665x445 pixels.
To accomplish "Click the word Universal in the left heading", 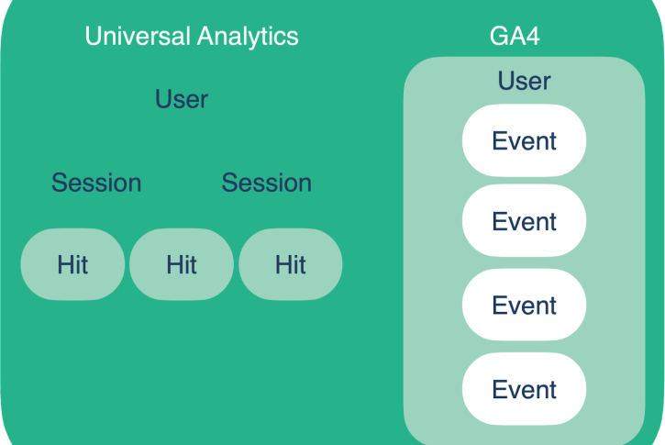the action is pyautogui.click(x=138, y=36).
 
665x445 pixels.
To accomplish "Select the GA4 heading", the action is pyautogui.click(x=515, y=36).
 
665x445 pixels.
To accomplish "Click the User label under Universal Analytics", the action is pyautogui.click(x=182, y=99).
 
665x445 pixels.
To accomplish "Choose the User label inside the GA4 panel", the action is pyautogui.click(x=524, y=81).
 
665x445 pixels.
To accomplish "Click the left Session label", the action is pyautogui.click(x=96, y=183).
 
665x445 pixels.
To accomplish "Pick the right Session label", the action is pyautogui.click(x=267, y=183).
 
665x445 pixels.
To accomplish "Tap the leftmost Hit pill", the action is pyautogui.click(x=72, y=264).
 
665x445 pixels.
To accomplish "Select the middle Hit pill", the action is pyautogui.click(x=182, y=264).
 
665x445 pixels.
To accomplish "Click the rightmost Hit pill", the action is pyautogui.click(x=291, y=264).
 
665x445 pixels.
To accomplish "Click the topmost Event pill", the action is pyautogui.click(x=524, y=140).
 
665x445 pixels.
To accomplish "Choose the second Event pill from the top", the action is pyautogui.click(x=524, y=220).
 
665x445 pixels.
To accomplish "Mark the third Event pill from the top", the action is pyautogui.click(x=524, y=305).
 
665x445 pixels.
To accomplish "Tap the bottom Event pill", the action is pyautogui.click(x=524, y=389).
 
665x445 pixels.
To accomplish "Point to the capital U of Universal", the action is pyautogui.click(x=94, y=36).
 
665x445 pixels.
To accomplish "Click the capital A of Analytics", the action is pyautogui.click(x=206, y=36).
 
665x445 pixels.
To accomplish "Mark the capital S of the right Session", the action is pyautogui.click(x=230, y=183).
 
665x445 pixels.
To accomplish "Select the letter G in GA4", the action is pyautogui.click(x=499, y=36).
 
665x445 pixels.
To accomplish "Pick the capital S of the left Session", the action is pyautogui.click(x=60, y=183).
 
